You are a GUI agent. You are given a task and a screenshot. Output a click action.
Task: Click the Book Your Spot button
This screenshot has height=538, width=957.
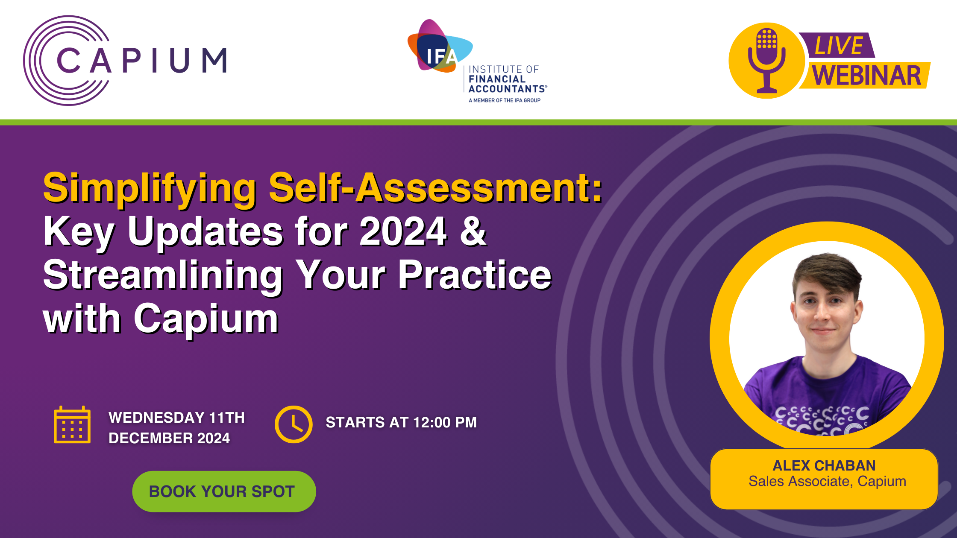pyautogui.click(x=224, y=491)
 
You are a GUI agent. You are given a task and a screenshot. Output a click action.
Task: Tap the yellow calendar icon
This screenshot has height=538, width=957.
pyautogui.click(x=72, y=424)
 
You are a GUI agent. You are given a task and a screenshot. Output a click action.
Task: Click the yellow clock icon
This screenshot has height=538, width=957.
pyautogui.click(x=294, y=424)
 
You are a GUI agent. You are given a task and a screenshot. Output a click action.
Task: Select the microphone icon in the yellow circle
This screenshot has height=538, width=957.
pyautogui.click(x=767, y=60)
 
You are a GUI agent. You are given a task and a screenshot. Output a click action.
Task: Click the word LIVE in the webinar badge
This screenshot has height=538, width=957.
pyautogui.click(x=839, y=46)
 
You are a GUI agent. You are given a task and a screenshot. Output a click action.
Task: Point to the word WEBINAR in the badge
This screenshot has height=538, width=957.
pyautogui.click(x=866, y=76)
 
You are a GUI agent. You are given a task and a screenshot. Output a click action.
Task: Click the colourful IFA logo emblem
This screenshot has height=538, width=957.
pyautogui.click(x=440, y=47)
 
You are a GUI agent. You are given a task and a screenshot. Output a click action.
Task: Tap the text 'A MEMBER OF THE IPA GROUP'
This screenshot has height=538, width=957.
pyautogui.click(x=505, y=100)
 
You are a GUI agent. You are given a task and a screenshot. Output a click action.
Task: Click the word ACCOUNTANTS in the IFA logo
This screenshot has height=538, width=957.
pyautogui.click(x=508, y=89)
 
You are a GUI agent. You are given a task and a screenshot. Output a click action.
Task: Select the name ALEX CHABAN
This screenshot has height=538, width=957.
pyautogui.click(x=824, y=465)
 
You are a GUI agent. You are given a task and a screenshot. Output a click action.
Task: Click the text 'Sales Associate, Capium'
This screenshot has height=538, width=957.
pyautogui.click(x=827, y=481)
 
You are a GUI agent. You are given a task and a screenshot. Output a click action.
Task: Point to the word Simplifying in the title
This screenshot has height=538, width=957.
pyautogui.click(x=150, y=188)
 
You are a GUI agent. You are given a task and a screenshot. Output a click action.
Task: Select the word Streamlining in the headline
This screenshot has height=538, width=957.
pyautogui.click(x=163, y=276)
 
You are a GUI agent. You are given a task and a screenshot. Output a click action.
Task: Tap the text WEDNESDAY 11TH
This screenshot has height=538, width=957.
pyautogui.click(x=177, y=417)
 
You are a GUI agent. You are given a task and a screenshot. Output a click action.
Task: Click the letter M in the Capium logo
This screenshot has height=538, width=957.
pyautogui.click(x=214, y=60)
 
